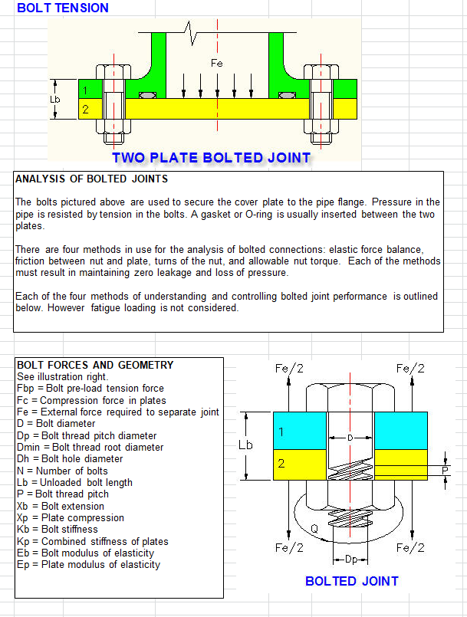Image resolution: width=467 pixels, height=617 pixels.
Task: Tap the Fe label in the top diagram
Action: click(x=216, y=63)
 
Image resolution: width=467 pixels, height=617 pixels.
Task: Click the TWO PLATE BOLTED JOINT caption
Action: click(x=211, y=158)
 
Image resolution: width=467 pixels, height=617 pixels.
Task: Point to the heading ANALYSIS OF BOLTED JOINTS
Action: click(x=91, y=179)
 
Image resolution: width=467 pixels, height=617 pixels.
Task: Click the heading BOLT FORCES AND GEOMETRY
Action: click(x=95, y=366)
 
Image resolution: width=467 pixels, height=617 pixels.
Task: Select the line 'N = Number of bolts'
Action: click(x=62, y=471)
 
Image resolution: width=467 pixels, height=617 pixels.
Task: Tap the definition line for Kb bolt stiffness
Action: click(x=58, y=530)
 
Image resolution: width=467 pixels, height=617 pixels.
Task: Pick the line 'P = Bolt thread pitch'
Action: click(x=63, y=494)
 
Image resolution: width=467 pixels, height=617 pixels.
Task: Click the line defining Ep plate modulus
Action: click(x=88, y=565)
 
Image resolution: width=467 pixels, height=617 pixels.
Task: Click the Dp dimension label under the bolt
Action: click(x=350, y=559)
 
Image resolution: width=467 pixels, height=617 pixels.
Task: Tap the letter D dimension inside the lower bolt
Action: click(x=350, y=438)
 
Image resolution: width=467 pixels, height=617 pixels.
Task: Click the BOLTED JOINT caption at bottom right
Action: click(x=352, y=581)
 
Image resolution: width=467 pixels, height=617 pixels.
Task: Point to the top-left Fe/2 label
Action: click(x=288, y=369)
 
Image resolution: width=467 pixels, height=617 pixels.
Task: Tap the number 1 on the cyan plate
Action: click(x=281, y=432)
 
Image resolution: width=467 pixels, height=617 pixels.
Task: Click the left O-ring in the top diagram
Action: click(x=148, y=95)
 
